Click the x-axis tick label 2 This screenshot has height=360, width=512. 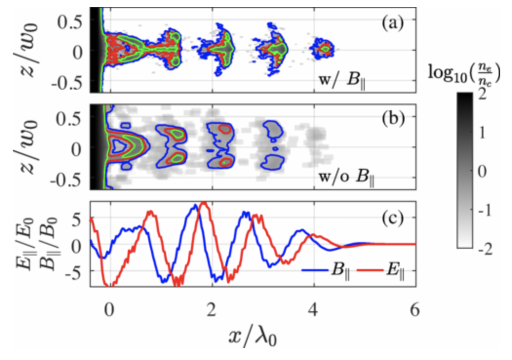tap(211, 311)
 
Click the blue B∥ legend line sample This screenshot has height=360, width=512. tap(315, 269)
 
